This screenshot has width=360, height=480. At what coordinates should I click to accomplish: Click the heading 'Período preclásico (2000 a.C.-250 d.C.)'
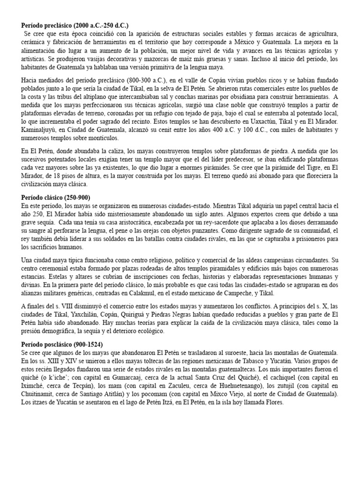tap(75, 25)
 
